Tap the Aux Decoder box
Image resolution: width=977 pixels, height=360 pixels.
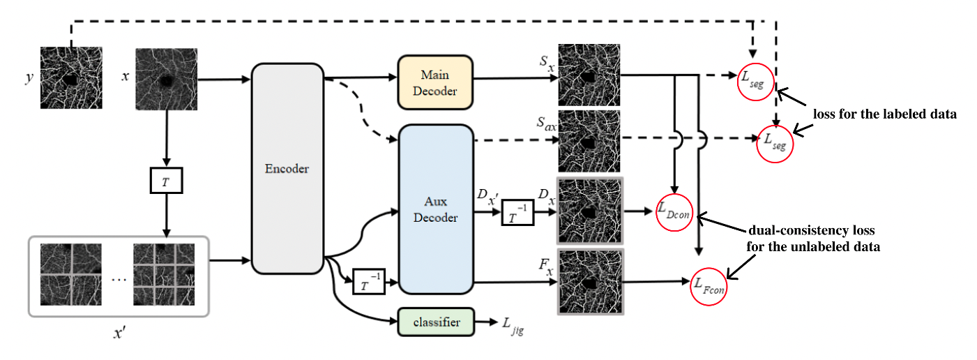tap(435, 209)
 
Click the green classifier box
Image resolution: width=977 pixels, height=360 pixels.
tap(435, 322)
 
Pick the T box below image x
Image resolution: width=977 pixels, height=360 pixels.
tap(166, 181)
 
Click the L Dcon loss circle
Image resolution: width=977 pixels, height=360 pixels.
tap(674, 211)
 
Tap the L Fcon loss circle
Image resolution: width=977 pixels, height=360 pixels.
tap(709, 285)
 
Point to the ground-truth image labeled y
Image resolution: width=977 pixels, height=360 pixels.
tap(70, 77)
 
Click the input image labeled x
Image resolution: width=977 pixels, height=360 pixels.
tap(165, 77)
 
